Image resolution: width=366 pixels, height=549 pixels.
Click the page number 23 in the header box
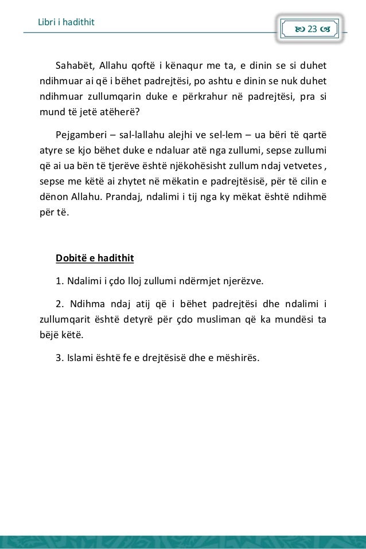click(x=313, y=28)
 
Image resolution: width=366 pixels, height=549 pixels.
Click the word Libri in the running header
click(x=43, y=22)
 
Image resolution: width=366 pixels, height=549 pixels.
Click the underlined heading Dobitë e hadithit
click(x=95, y=258)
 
